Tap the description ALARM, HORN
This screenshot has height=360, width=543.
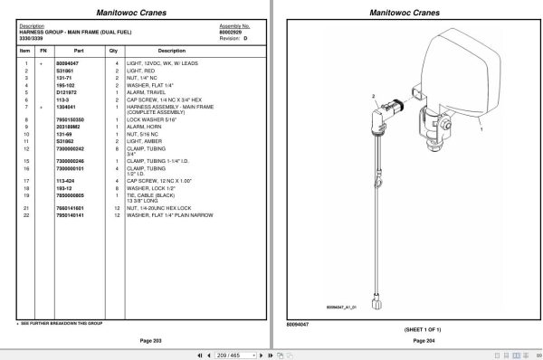[x=147, y=127]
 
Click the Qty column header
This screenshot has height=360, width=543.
[x=114, y=51]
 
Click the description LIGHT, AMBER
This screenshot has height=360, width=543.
[x=148, y=141]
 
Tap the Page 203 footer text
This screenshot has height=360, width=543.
[x=138, y=340]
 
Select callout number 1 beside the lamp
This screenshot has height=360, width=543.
[x=481, y=131]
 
